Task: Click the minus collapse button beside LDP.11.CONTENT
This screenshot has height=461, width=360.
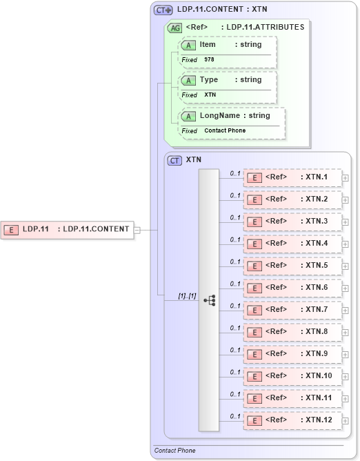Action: click(x=137, y=230)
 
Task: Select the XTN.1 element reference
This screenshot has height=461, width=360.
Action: click(x=292, y=177)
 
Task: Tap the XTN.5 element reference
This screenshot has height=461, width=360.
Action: click(x=292, y=266)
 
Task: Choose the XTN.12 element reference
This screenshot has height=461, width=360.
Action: click(x=292, y=420)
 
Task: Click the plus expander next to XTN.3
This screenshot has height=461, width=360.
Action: click(x=346, y=222)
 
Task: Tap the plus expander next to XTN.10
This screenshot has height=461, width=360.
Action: click(x=346, y=377)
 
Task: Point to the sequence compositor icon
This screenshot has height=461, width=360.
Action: click(x=209, y=300)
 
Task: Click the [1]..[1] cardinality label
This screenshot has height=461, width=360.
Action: click(x=187, y=295)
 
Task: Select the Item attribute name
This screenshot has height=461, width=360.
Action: click(x=208, y=45)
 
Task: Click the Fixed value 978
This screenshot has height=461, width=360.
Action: click(x=209, y=60)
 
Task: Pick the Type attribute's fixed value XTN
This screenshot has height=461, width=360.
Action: click(x=210, y=95)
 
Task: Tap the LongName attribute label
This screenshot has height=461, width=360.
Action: click(x=219, y=115)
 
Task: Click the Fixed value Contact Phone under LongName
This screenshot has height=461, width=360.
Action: click(x=225, y=130)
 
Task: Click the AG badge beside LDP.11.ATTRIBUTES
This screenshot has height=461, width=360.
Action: click(x=174, y=28)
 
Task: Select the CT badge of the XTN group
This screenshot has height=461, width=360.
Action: click(x=175, y=160)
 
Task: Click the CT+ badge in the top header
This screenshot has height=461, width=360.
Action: click(x=163, y=10)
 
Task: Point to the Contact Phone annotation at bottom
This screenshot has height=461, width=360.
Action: click(x=174, y=451)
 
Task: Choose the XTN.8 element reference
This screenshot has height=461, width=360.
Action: click(x=292, y=332)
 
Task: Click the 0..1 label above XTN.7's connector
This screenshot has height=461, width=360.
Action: click(x=235, y=305)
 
